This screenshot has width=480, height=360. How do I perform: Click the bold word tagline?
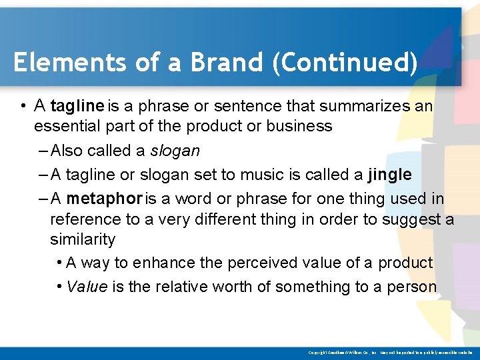tap(77, 106)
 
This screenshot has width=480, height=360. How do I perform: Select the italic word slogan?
tap(176, 151)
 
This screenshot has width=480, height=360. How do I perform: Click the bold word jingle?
tap(389, 175)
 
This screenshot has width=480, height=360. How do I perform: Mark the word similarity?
tap(83, 239)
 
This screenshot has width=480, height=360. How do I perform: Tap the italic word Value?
tap(87, 287)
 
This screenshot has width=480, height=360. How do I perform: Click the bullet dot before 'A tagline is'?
tap(23, 107)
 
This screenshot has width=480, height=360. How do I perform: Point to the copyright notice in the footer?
tap(390, 352)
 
